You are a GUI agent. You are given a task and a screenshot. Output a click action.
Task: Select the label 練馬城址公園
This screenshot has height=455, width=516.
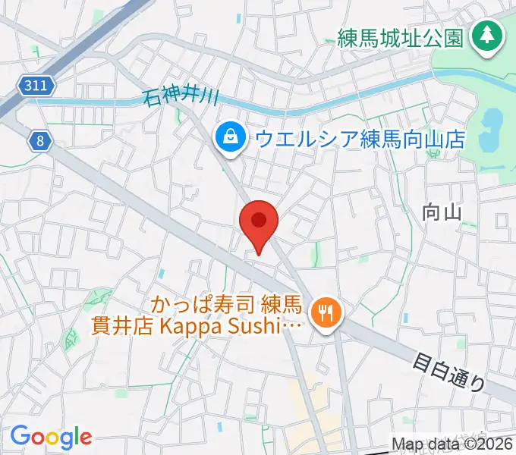click(x=400, y=36)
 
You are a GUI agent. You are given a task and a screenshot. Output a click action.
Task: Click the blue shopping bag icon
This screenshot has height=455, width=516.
click(x=228, y=138)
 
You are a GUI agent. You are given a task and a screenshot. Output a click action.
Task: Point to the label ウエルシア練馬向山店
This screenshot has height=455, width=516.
click(x=360, y=139)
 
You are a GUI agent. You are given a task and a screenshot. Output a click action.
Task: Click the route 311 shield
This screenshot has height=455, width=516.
click(x=37, y=86)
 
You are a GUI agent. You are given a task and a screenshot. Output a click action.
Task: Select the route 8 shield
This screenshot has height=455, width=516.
click(x=39, y=140)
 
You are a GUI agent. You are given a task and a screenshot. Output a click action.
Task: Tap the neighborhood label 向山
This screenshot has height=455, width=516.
click(x=442, y=214)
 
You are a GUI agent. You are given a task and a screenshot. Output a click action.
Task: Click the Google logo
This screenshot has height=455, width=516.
click(x=51, y=437)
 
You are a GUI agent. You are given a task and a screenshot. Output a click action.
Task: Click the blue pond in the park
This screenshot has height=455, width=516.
click(x=492, y=121)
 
